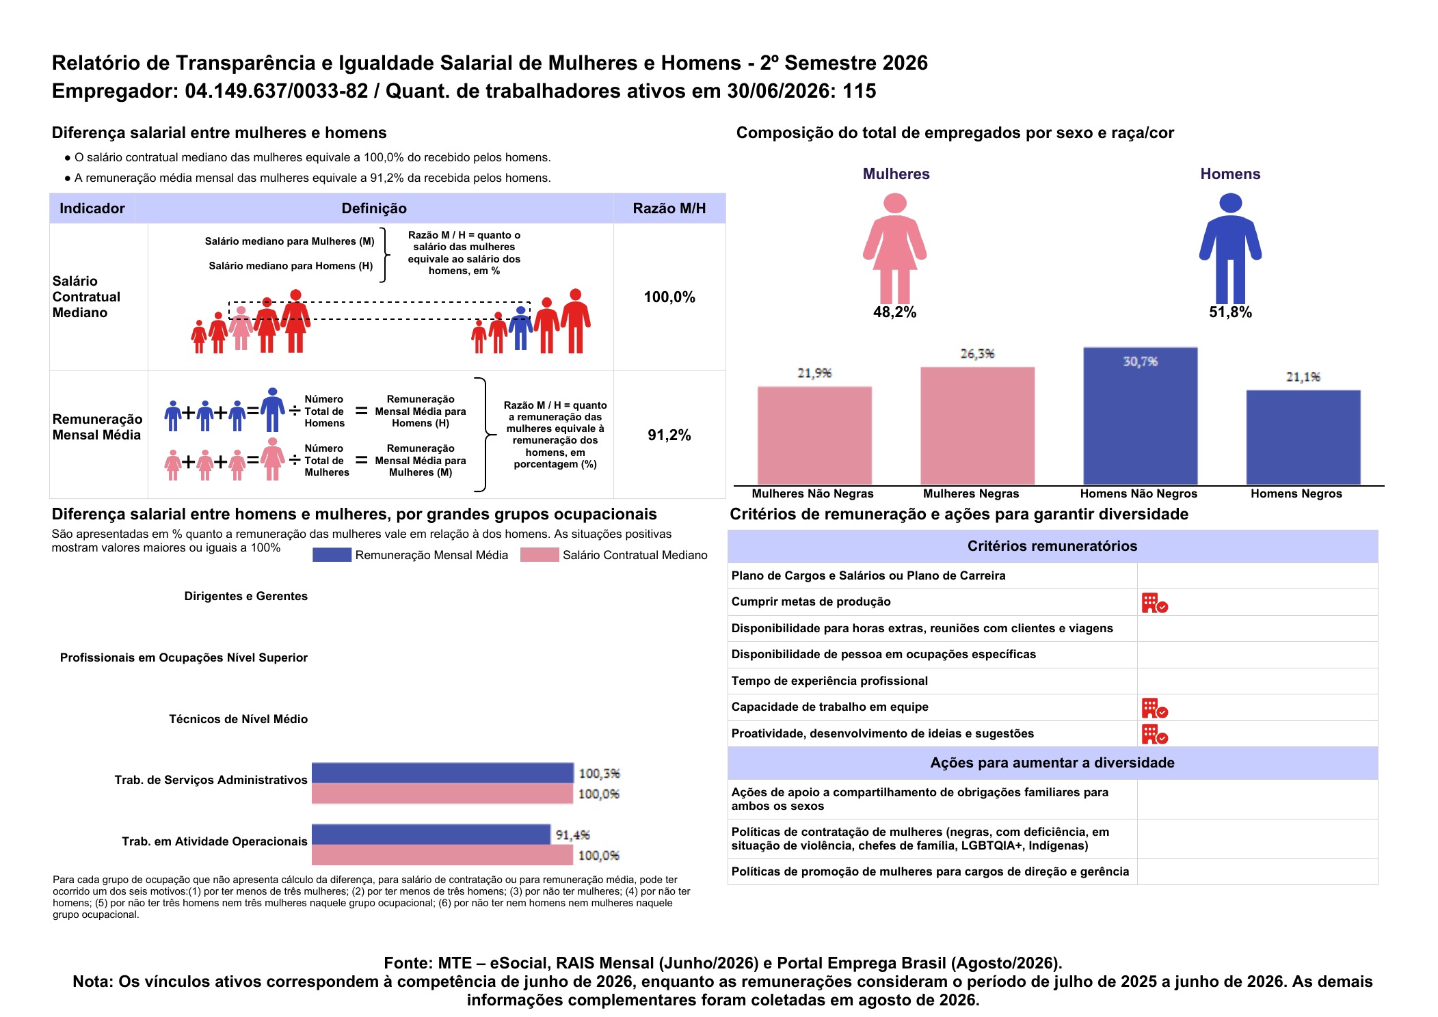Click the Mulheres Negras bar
pyautogui.click(x=977, y=426)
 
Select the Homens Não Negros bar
pyautogui.click(x=1140, y=416)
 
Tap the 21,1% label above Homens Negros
pyautogui.click(x=1303, y=377)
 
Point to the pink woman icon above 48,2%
pyautogui.click(x=894, y=248)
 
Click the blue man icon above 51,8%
pyautogui.click(x=1230, y=248)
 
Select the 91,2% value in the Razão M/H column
pyautogui.click(x=669, y=435)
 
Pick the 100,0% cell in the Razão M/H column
pyautogui.click(x=669, y=297)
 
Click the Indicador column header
pyautogui.click(x=92, y=208)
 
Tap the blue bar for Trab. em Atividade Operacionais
pyautogui.click(x=431, y=835)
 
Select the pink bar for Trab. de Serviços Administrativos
pyautogui.click(x=442, y=794)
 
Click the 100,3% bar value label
pyautogui.click(x=599, y=774)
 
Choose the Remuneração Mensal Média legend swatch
pyautogui.click(x=332, y=555)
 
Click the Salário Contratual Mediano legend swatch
pyautogui.click(x=540, y=555)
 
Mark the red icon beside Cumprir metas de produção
pyautogui.click(x=1154, y=603)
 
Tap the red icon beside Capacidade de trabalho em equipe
pyautogui.click(x=1154, y=708)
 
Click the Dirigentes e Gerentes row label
pyautogui.click(x=246, y=596)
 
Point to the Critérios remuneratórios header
pyautogui.click(x=1052, y=546)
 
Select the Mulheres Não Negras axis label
pyautogui.click(x=812, y=493)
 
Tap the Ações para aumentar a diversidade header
pyautogui.click(x=1052, y=763)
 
